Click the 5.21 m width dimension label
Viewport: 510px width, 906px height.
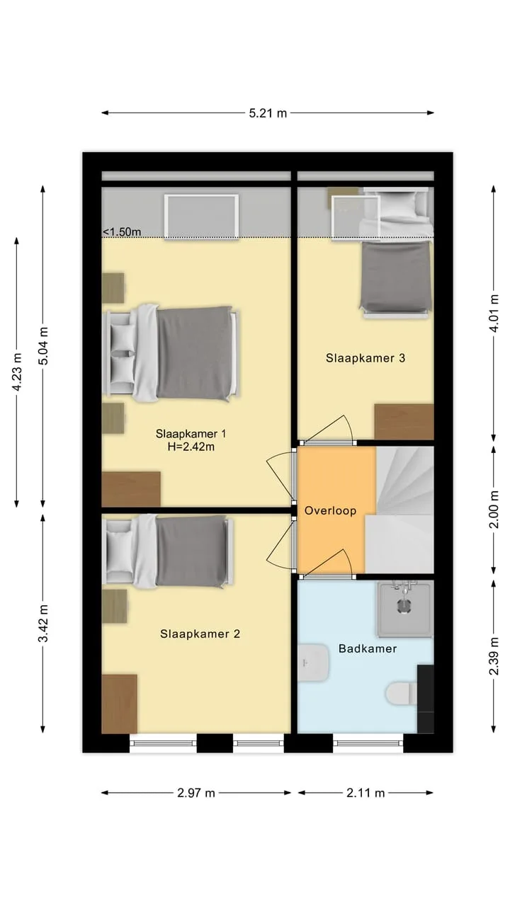268,113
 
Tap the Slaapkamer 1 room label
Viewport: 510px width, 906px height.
191,434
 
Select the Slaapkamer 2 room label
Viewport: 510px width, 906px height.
200,633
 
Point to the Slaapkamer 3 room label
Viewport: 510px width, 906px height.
365,358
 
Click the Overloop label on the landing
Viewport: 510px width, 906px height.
330,510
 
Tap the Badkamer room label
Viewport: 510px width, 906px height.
368,649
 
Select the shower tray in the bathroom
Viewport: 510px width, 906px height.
404,609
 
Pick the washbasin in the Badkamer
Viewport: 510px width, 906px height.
313,663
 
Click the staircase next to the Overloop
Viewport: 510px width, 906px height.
399,510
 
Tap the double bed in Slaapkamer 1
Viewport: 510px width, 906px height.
171,353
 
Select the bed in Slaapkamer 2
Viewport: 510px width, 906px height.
168,551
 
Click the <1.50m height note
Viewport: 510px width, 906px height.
121,231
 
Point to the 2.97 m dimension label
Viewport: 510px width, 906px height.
196,793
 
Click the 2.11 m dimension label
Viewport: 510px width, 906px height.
365,793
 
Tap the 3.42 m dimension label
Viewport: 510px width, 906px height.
43,624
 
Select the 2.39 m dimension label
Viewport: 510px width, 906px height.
494,656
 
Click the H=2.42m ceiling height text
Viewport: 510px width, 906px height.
191,447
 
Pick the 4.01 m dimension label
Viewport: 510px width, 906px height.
494,314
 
